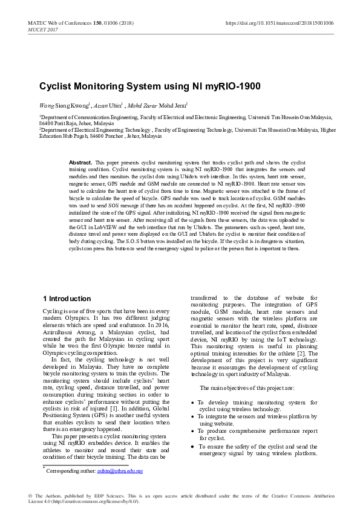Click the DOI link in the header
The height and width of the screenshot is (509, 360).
pos(280,22)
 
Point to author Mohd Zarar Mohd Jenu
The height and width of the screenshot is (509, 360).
pos(162,105)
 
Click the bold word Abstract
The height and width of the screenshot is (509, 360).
pos(80,163)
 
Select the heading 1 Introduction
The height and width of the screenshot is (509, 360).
pos(67,299)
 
